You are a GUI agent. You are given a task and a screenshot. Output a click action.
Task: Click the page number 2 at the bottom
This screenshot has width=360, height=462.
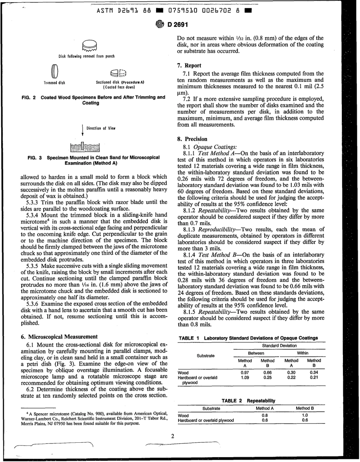point(172,436)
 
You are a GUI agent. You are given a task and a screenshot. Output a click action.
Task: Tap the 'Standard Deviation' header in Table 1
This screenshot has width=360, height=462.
point(280,345)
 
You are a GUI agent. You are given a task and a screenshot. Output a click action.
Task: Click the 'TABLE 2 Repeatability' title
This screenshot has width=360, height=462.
point(248,400)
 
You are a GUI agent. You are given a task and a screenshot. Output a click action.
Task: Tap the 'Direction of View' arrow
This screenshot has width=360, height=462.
point(83,130)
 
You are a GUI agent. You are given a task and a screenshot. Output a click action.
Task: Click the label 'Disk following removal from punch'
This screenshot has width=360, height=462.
point(86,56)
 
